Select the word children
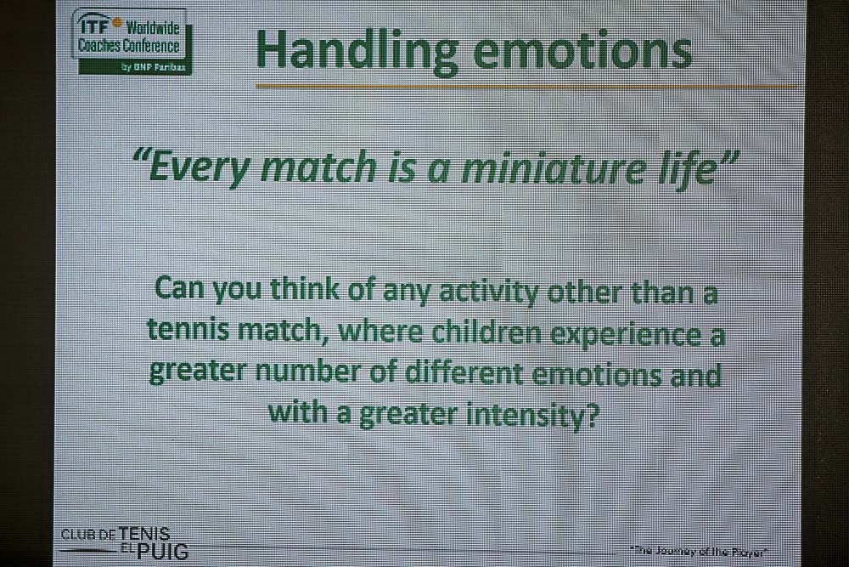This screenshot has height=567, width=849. click(491, 332)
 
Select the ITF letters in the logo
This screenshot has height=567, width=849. click(93, 25)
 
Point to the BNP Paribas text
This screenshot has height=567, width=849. click(154, 67)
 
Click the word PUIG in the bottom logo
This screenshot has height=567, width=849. click(162, 552)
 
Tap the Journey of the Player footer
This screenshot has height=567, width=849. click(699, 552)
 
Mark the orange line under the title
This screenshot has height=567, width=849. click(527, 86)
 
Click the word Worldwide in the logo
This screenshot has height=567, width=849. click(152, 28)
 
